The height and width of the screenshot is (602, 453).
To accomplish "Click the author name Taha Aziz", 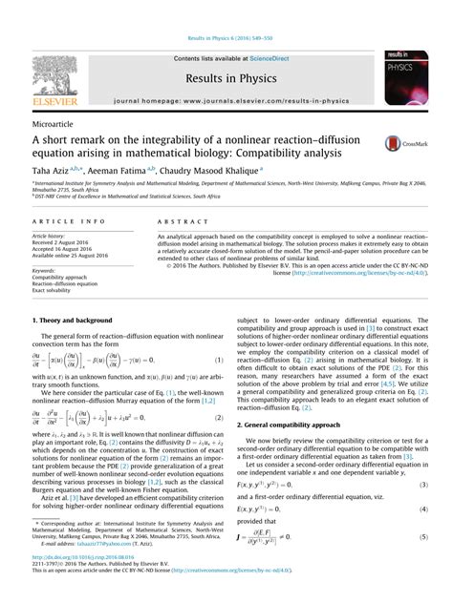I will (50, 170).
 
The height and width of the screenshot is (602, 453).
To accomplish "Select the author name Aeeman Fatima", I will (116, 170).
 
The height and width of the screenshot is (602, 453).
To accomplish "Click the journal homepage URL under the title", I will (226, 99).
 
